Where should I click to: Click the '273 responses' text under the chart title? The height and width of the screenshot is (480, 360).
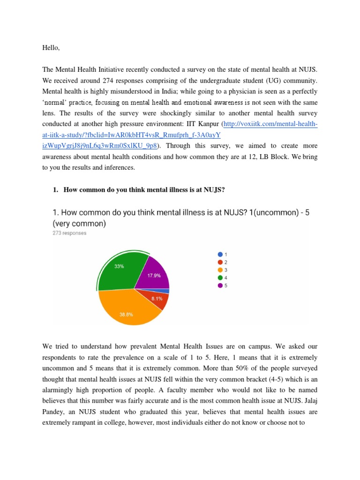pyautogui.click(x=69, y=233)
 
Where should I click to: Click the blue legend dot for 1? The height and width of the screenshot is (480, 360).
pyautogui.click(x=220, y=254)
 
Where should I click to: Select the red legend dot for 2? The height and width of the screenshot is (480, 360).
pyautogui.click(x=220, y=262)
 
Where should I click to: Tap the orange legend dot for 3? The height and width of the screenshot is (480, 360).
pyautogui.click(x=220, y=270)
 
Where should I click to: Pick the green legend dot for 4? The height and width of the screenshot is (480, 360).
pyautogui.click(x=220, y=277)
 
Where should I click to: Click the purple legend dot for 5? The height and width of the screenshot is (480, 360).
pyautogui.click(x=220, y=285)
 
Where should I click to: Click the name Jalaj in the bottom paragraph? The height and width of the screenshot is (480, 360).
pyautogui.click(x=302, y=401)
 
